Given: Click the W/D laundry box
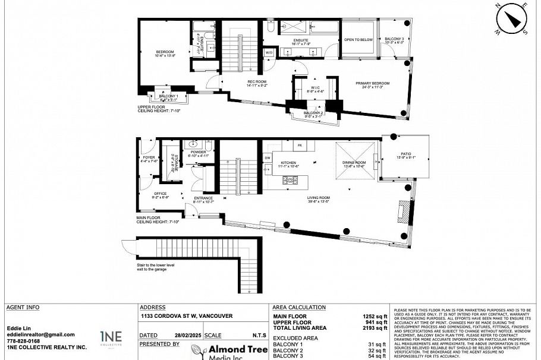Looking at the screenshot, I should pos(269,53).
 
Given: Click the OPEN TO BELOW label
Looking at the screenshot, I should pos(358,40).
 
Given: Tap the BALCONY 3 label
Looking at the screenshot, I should pos(394,39).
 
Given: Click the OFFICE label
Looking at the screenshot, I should pos(161,194).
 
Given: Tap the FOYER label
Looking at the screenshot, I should pos(149,157).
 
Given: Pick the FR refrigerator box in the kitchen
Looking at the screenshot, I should pos(300,146).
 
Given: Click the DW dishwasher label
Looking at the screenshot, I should pos(268,157).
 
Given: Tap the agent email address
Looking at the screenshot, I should pos(41,334).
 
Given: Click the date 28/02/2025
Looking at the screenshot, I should pos(181,335).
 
